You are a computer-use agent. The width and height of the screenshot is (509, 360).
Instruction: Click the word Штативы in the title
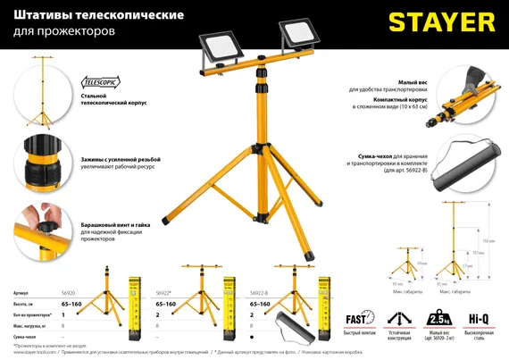tap(42, 16)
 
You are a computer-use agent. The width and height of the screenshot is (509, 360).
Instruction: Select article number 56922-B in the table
tap(258, 293)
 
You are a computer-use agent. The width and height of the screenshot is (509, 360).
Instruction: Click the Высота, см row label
tap(29, 305)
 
